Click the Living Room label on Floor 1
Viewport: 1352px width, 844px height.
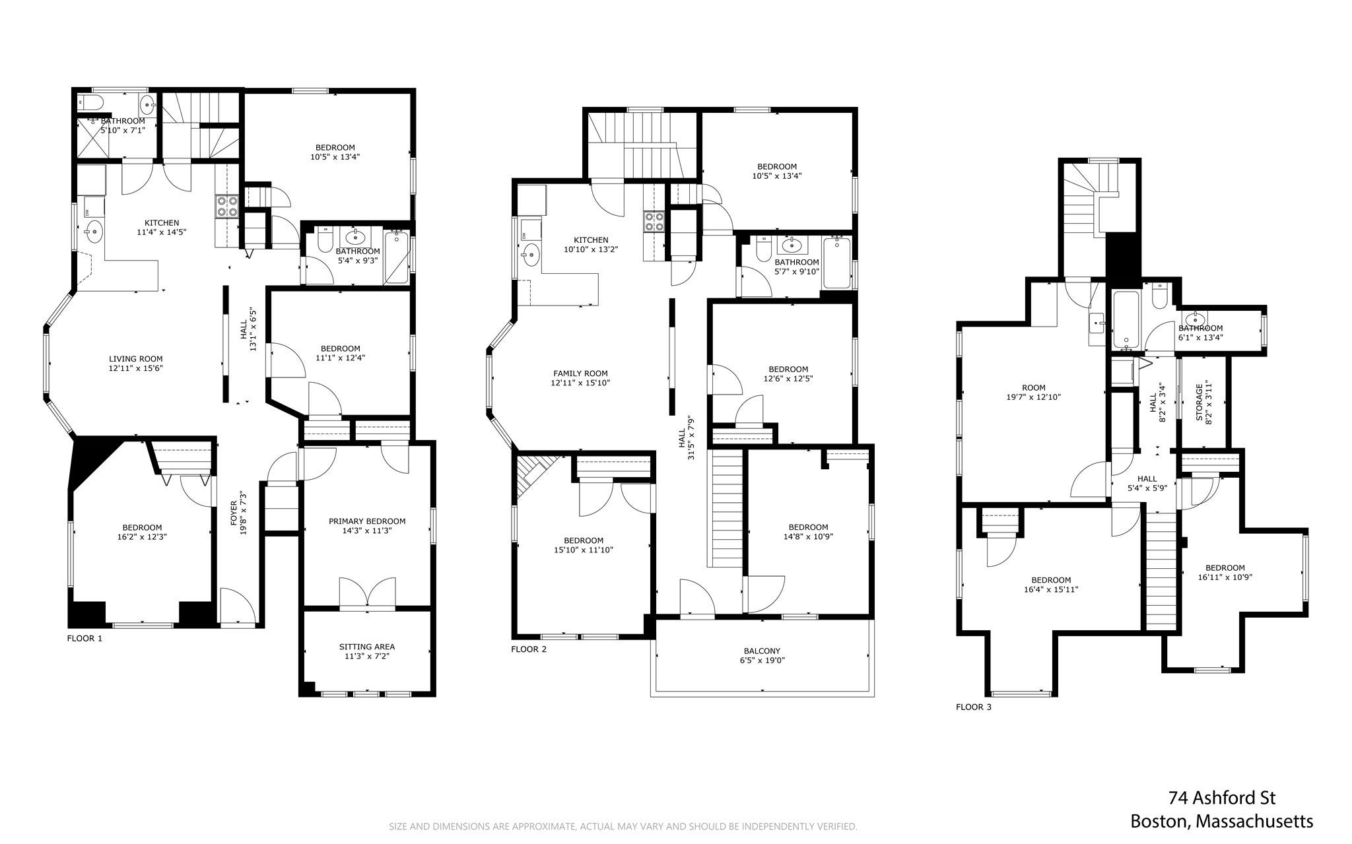pos(135,359)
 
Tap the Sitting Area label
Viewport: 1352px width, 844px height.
pos(366,647)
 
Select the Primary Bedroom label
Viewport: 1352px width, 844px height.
pos(367,521)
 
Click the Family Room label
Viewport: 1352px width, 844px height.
pos(580,373)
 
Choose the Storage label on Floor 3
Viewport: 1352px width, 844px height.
pos(1200,400)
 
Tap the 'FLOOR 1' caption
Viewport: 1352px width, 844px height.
pos(84,639)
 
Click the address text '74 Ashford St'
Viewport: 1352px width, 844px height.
pos(1222,798)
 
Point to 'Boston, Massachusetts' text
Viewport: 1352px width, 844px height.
pos(1222,822)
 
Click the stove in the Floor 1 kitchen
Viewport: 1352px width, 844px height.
pos(226,207)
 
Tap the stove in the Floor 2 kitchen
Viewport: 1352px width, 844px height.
pos(654,222)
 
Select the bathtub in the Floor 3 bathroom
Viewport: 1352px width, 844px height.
pos(1124,321)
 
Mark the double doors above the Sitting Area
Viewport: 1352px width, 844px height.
pos(367,592)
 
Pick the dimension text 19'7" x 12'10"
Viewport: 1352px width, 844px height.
pos(1033,397)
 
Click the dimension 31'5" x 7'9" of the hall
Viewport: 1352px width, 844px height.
pos(691,438)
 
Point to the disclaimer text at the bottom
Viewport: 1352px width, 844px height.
pos(623,826)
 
